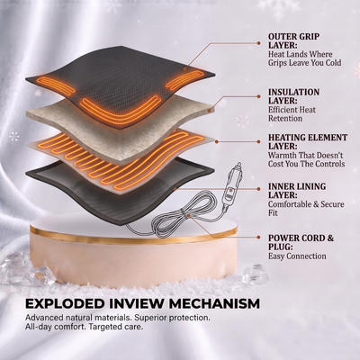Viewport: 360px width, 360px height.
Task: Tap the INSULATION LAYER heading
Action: [x=293, y=96]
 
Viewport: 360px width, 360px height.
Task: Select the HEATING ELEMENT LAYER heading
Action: [x=308, y=142]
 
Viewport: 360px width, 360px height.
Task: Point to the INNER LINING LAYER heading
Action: [x=297, y=191]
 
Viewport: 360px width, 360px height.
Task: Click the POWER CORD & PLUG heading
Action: [x=301, y=242]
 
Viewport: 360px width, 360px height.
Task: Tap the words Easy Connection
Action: [x=297, y=256]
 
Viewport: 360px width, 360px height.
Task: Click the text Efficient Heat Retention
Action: [x=292, y=114]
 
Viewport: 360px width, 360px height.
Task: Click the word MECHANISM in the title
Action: [x=214, y=303]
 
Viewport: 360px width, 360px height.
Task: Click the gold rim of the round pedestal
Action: [x=133, y=237]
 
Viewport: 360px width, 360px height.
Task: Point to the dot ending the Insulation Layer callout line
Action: [x=258, y=96]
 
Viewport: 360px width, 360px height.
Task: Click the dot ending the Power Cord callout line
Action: [x=258, y=237]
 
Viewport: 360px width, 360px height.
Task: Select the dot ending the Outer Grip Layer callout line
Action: [x=258, y=43]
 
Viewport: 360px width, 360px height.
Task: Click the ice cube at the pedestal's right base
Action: [x=254, y=274]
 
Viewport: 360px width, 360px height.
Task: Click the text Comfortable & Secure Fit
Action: [x=306, y=209]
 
